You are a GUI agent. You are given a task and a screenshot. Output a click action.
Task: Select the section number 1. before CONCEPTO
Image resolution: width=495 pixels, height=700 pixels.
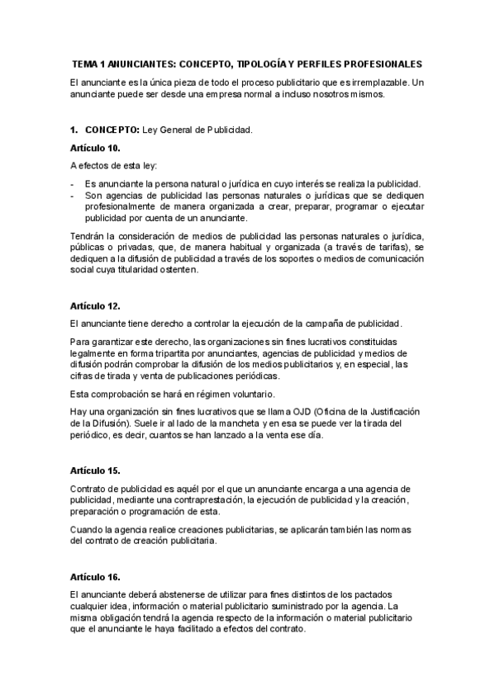(x=74, y=130)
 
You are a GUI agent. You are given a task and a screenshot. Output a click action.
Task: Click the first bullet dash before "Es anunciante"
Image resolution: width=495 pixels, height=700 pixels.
(x=73, y=183)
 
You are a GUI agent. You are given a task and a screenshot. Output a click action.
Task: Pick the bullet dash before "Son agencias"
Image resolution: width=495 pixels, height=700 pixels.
(x=73, y=195)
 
